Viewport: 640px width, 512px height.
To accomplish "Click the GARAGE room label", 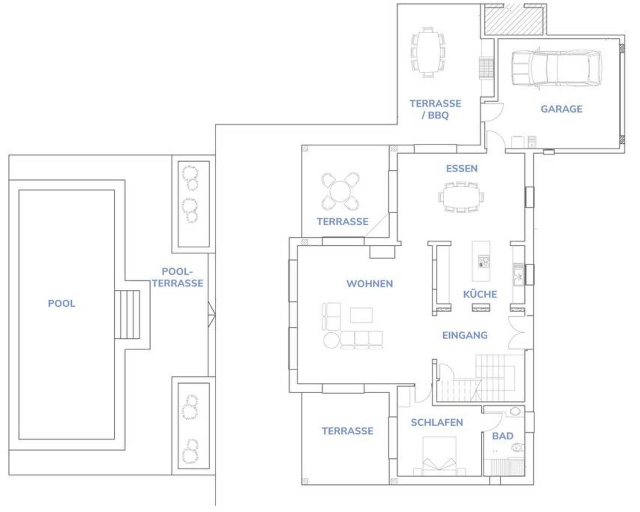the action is pyautogui.click(x=561, y=109).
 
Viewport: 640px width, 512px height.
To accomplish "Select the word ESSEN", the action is pyautogui.click(x=462, y=169).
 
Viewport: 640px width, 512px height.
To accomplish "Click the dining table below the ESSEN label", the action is pyautogui.click(x=461, y=197).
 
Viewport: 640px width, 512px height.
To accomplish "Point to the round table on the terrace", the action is pyautogui.click(x=340, y=191).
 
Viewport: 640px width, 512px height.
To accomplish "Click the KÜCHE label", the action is pyautogui.click(x=480, y=294).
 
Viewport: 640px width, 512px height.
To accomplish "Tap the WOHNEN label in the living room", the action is pyautogui.click(x=369, y=283).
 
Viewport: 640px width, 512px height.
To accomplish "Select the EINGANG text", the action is pyautogui.click(x=465, y=335).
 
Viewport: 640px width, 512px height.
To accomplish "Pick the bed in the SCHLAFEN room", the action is pyautogui.click(x=439, y=456).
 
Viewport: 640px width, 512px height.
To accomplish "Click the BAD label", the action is pyautogui.click(x=503, y=436).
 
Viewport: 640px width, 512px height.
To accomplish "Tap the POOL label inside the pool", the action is pyautogui.click(x=61, y=303).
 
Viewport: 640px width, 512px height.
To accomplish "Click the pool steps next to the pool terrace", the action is pyautogui.click(x=127, y=314).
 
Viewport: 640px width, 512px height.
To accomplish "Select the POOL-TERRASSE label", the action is pyautogui.click(x=177, y=277).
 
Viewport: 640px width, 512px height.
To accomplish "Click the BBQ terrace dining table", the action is pyautogui.click(x=428, y=52).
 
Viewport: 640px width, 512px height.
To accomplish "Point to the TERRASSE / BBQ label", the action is pyautogui.click(x=435, y=109).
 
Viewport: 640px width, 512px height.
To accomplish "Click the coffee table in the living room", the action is pyautogui.click(x=361, y=315).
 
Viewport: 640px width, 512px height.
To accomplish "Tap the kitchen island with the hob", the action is pyautogui.click(x=481, y=261).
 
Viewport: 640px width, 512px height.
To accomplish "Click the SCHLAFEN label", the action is pyautogui.click(x=437, y=422).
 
